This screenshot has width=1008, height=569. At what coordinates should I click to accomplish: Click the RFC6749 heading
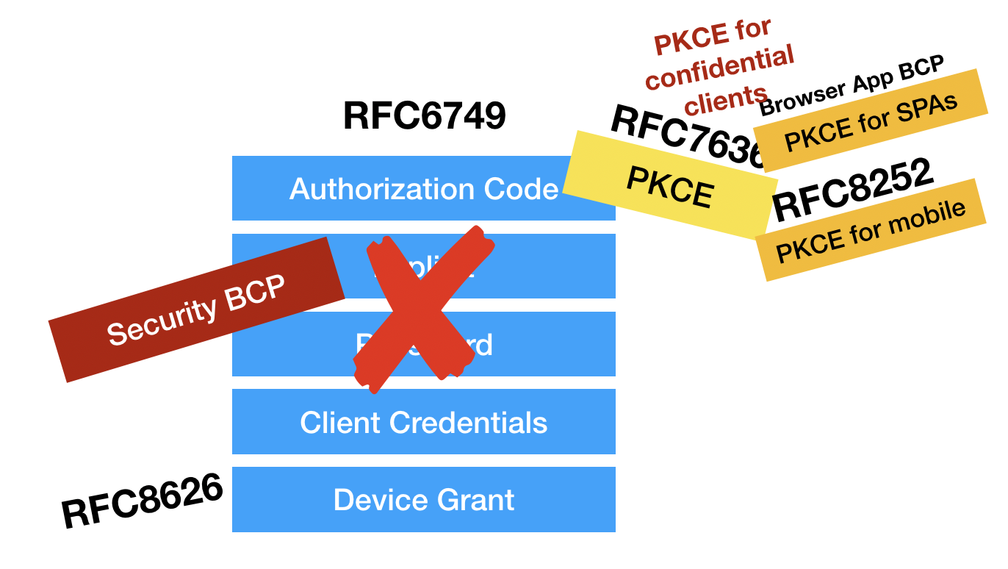(x=424, y=116)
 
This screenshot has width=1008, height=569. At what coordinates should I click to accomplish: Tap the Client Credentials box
(x=424, y=422)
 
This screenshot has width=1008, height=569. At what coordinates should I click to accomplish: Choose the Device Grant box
(x=424, y=500)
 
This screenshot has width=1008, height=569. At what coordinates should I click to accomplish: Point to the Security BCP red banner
(x=196, y=309)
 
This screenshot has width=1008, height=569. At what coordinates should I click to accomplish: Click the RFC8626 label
(x=142, y=501)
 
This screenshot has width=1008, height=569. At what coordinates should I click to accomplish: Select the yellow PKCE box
(x=669, y=185)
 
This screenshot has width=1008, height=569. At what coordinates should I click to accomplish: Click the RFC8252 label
(x=852, y=190)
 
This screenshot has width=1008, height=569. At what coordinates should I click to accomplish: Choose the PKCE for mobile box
(x=871, y=230)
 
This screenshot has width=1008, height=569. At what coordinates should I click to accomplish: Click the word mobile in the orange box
(x=928, y=218)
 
